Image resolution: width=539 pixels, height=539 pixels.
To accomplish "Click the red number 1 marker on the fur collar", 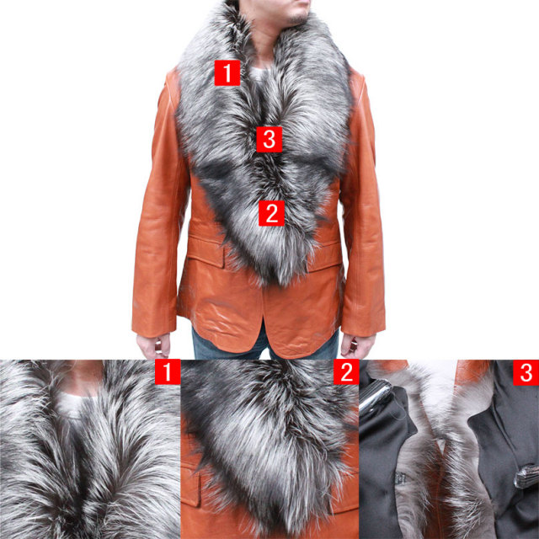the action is tap(227, 73).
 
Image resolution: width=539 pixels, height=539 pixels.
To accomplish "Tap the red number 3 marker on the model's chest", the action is tap(269, 139).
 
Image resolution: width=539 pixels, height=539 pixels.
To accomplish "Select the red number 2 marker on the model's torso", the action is tap(271, 213).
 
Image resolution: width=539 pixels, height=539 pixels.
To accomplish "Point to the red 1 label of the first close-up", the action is tap(168, 371).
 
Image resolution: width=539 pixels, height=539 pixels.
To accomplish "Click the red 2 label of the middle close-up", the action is tap(346, 371).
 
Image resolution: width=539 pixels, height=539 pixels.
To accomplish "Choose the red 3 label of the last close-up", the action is tap(526, 372).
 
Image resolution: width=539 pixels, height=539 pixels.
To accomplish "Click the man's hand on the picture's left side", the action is tap(153, 345).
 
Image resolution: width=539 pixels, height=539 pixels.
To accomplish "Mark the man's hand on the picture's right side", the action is tap(357, 344).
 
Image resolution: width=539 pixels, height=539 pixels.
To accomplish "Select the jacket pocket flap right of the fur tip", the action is tap(325, 255).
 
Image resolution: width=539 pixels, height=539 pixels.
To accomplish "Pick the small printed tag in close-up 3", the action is tap(400, 478).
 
